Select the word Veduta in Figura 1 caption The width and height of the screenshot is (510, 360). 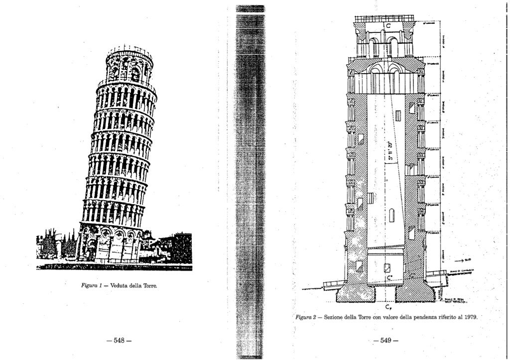coord(120,286)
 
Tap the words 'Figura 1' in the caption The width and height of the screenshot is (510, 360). coord(92,286)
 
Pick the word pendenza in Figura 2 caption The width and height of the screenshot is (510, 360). coord(421,317)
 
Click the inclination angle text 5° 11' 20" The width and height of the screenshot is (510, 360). coord(391,150)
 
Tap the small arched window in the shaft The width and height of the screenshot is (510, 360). coord(391,215)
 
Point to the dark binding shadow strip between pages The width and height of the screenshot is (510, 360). coord(250,179)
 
